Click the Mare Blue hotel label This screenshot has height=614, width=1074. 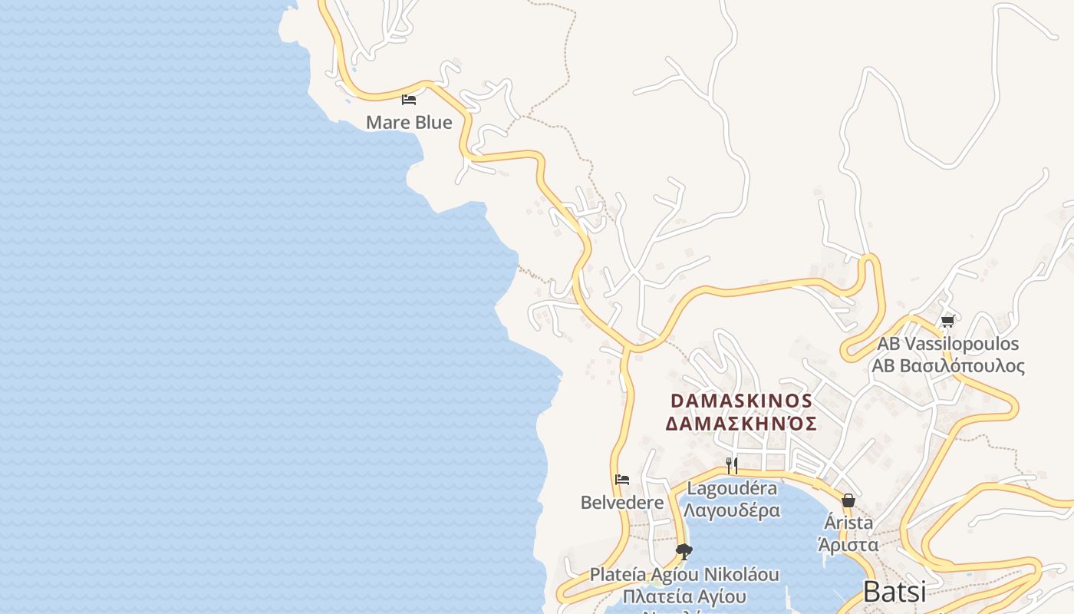[409, 122]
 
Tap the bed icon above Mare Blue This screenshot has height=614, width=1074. [409, 99]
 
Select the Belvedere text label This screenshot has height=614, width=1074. [622, 503]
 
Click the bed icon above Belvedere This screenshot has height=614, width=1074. [622, 480]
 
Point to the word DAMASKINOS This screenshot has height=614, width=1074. [741, 401]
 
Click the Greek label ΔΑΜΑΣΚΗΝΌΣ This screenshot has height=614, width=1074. [741, 424]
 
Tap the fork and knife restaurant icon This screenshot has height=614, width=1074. [732, 465]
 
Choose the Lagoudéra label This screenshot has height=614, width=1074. [732, 488]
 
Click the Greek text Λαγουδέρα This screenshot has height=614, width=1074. [732, 510]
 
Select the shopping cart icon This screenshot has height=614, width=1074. [947, 322]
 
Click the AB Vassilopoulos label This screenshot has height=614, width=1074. [948, 343]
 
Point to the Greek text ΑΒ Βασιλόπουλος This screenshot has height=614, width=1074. [948, 365]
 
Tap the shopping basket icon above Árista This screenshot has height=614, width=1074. [848, 501]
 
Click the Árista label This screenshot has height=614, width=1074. [848, 523]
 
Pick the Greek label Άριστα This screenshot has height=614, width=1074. [848, 545]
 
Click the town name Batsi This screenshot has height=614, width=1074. [894, 592]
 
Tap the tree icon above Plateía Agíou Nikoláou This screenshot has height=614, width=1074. [684, 551]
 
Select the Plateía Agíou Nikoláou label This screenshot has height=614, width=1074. [684, 574]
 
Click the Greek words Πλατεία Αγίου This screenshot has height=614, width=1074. [684, 596]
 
